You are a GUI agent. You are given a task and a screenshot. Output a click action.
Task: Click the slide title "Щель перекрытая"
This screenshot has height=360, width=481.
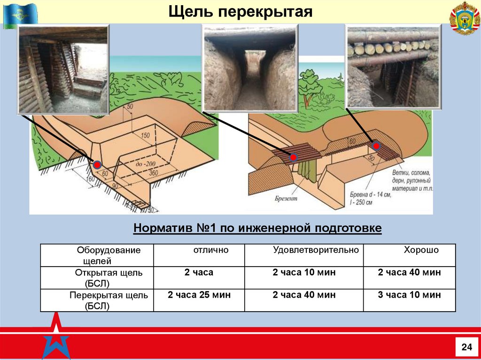pyautogui.click(x=240, y=11)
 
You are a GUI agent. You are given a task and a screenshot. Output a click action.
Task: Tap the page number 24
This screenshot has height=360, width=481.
pyautogui.click(x=466, y=347)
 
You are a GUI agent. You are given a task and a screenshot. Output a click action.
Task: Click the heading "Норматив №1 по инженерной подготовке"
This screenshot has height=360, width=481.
pyautogui.click(x=257, y=228)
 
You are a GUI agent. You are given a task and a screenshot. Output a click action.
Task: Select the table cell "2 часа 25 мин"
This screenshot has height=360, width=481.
pyautogui.click(x=199, y=295)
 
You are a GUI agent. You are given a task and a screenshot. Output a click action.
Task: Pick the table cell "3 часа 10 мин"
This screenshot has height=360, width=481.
pyautogui.click(x=409, y=295)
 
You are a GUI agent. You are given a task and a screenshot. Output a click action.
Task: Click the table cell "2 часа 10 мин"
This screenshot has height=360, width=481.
pyautogui.click(x=304, y=273)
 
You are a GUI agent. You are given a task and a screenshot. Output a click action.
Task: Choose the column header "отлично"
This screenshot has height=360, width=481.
pyautogui.click(x=211, y=250)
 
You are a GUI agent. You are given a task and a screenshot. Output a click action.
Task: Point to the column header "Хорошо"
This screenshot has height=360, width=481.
pyautogui.click(x=421, y=250)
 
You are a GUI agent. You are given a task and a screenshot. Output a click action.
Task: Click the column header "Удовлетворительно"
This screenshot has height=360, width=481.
pyautogui.click(x=316, y=250)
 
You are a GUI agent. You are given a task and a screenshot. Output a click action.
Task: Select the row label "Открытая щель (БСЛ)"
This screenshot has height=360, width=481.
pyautogui.click(x=108, y=278)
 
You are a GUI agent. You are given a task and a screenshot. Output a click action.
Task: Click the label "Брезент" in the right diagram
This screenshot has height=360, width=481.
pyautogui.click(x=287, y=199)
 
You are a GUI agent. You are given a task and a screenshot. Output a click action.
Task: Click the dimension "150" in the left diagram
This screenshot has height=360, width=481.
pyautogui.click(x=145, y=136)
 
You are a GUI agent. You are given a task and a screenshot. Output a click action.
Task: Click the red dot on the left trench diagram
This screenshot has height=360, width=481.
pyautogui.click(x=97, y=164)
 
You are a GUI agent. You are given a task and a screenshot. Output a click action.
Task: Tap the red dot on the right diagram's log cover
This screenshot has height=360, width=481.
pyautogui.click(x=376, y=146)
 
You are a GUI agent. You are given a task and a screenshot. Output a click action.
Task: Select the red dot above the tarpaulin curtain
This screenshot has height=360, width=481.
pyautogui.click(x=294, y=158)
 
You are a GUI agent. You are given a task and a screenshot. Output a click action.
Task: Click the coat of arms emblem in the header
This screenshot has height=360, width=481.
pyautogui.click(x=465, y=18)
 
